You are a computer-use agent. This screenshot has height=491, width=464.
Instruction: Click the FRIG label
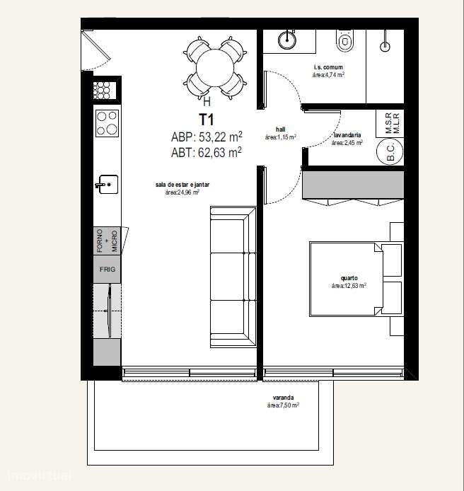[x=107, y=270]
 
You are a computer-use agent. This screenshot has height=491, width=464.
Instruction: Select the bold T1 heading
[x=207, y=120]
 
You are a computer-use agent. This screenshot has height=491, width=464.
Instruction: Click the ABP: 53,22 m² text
[x=207, y=137]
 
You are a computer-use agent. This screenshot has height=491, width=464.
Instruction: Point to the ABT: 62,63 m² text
[x=207, y=151]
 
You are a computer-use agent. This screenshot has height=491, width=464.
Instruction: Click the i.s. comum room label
[x=328, y=68]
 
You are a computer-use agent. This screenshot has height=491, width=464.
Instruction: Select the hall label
[x=280, y=129]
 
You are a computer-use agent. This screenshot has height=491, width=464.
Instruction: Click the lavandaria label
[x=347, y=134]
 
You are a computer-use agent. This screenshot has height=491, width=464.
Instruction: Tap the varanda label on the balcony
[x=282, y=398]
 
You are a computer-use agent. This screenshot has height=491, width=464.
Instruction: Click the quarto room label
[x=348, y=278]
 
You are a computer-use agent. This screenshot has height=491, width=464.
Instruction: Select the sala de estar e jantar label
[x=182, y=185]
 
